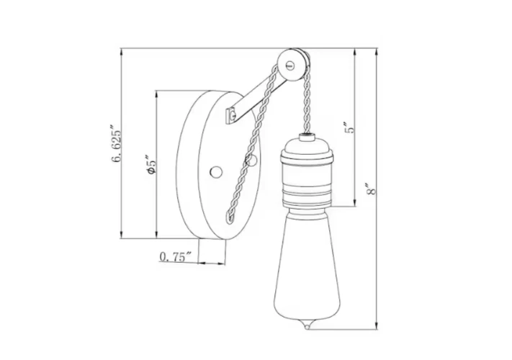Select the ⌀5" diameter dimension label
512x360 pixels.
tap(151, 167)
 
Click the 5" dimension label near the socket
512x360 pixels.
tap(349, 128)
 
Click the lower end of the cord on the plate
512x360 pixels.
tap(230, 217)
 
